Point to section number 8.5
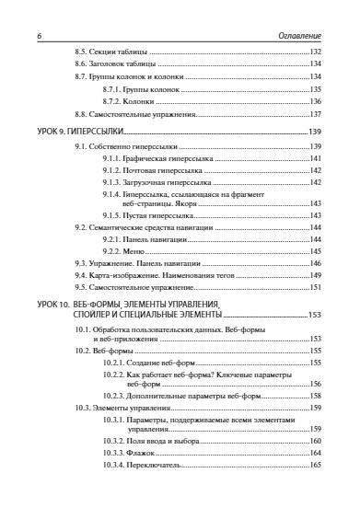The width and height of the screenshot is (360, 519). tap(82, 53)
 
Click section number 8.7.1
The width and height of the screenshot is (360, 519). tap(114, 89)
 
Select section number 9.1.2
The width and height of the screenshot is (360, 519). tap(114, 170)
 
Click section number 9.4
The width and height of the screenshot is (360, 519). tap(82, 274)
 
